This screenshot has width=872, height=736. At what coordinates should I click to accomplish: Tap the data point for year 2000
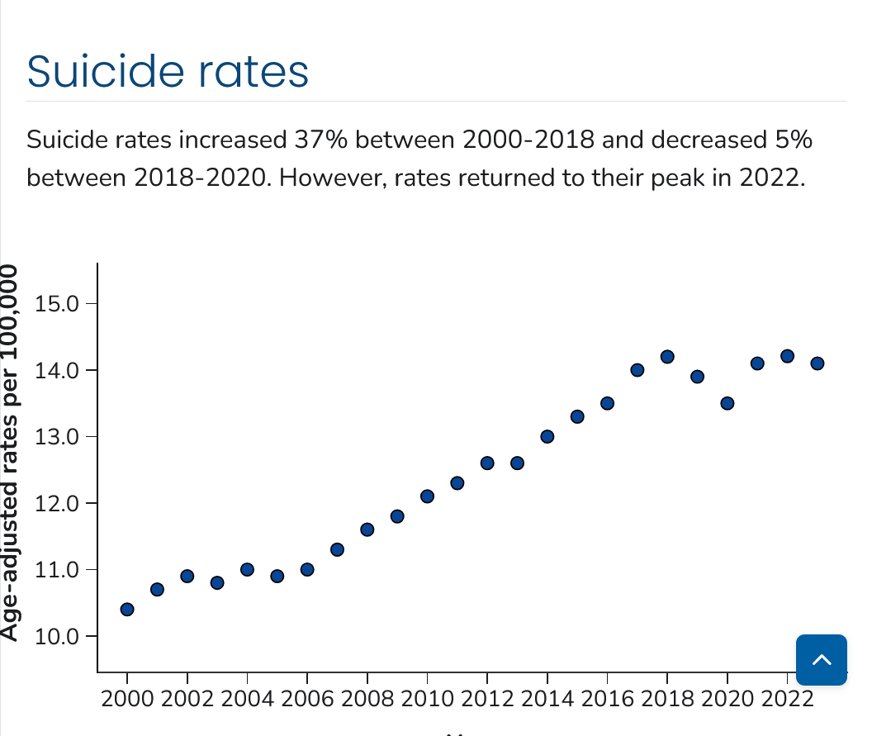pos(127,610)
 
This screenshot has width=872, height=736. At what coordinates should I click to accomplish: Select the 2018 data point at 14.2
pos(667,357)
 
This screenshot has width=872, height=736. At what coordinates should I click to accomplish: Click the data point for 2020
pos(727,403)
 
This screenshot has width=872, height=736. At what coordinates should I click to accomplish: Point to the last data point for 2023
pos(817,363)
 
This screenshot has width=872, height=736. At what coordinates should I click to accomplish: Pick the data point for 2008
pos(367,529)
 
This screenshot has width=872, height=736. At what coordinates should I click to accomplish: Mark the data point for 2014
pos(547,436)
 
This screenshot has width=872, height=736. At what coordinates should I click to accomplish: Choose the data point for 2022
pos(787,356)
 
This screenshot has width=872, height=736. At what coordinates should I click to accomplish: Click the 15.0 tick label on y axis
pos(56,303)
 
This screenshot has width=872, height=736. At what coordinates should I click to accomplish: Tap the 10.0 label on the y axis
pos(56,637)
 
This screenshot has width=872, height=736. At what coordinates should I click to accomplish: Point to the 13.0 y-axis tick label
pos(56,437)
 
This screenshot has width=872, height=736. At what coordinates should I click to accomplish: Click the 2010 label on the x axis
pos(427,699)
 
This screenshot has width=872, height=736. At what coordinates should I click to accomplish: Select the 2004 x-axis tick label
pos(247,699)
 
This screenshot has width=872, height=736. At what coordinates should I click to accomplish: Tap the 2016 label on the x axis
pos(607,699)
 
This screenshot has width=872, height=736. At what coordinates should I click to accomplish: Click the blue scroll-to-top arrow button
pos(822,659)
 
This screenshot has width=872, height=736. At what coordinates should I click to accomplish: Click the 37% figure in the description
pos(312,140)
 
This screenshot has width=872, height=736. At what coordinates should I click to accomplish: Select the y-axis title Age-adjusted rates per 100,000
pos(10,452)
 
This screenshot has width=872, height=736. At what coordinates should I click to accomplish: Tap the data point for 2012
pos(487,463)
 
